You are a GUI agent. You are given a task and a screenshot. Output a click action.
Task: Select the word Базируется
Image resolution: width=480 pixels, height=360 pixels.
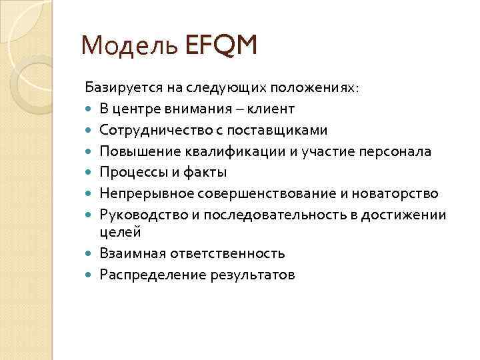coord(117,87)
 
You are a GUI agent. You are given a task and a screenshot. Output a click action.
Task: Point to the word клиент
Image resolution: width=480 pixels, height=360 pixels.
coord(271,108)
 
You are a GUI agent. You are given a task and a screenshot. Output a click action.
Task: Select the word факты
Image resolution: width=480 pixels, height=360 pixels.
coord(204,172)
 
